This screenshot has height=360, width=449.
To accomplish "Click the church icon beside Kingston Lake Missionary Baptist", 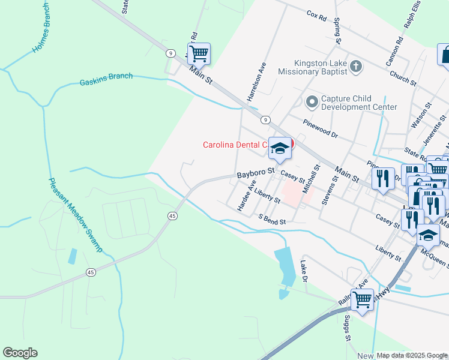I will coord(356,66).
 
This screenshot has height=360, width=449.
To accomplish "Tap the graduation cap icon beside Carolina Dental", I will coord(280,149).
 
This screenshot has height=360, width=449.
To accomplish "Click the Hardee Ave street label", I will coord(246,196).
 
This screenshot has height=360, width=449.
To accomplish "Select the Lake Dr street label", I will coord(304,272).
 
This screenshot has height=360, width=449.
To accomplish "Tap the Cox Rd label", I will coord(316,14).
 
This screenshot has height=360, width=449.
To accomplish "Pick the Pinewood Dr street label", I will coord(321,131).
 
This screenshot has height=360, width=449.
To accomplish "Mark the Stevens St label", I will coord(328,191).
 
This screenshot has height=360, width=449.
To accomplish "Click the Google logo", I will coord(20,353).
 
